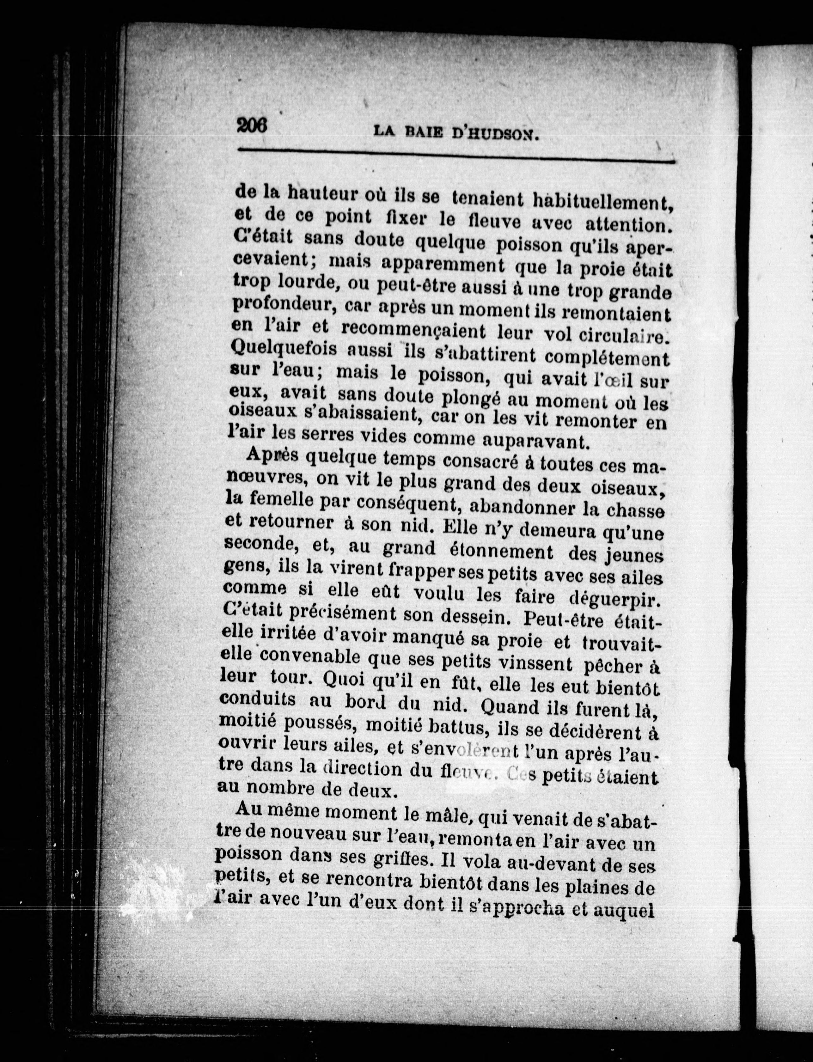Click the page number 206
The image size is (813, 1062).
[x=252, y=127]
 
